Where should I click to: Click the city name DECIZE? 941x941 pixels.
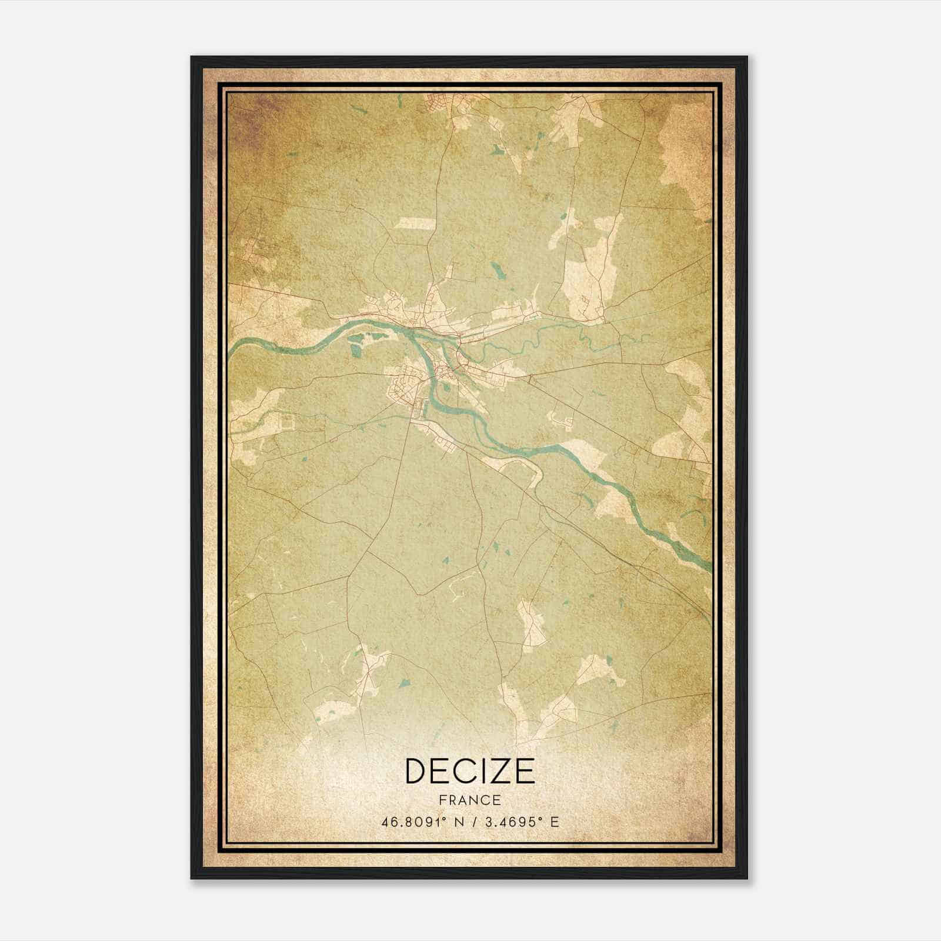[470, 771]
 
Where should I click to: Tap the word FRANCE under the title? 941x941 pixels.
[470, 800]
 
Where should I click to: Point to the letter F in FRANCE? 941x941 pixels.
[442, 800]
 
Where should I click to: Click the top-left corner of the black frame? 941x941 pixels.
[192, 57]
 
